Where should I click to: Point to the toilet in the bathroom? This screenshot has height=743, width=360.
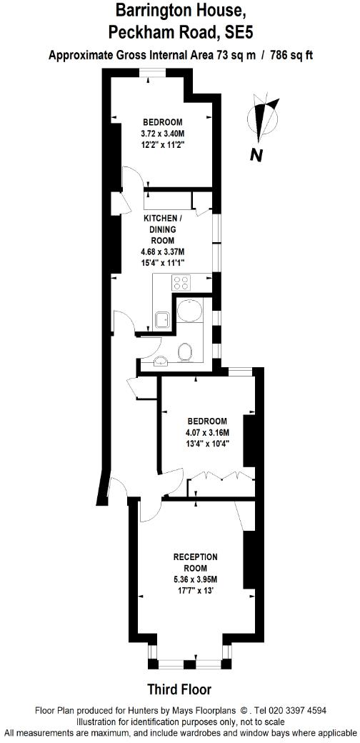click(186, 351)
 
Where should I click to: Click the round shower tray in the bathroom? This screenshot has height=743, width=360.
click(189, 311)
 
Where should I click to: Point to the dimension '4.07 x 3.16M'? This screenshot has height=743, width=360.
click(206, 433)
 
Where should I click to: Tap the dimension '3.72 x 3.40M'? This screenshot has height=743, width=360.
click(163, 133)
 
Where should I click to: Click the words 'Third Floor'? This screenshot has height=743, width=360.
click(179, 689)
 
